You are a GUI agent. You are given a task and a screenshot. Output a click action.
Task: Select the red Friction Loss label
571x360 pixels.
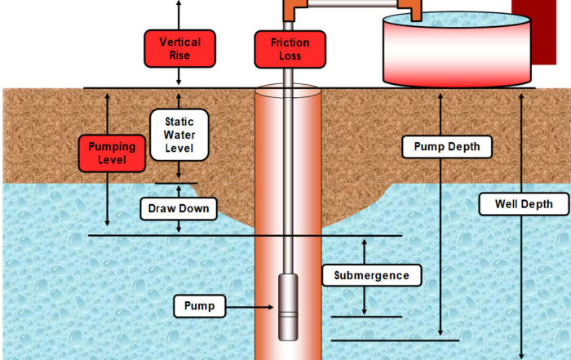(290, 49)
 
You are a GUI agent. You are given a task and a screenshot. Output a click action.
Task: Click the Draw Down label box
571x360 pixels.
(179, 209)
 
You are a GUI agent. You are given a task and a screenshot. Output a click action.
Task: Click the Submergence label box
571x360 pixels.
(371, 275)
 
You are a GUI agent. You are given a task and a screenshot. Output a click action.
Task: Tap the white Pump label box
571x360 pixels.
(199, 306)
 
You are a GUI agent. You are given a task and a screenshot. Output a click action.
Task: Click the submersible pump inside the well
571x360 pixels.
(289, 307)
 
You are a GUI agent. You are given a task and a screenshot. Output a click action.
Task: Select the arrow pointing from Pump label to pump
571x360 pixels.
(251, 307)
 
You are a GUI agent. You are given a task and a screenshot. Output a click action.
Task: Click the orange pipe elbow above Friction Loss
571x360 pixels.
(290, 11)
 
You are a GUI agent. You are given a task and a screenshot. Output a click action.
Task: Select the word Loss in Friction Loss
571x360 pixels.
(290, 56)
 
